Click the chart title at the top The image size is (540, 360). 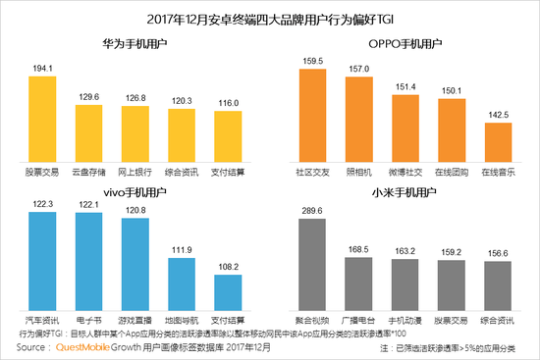click(x=271, y=18)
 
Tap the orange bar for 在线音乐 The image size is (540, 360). click(x=498, y=142)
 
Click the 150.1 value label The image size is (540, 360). click(x=450, y=90)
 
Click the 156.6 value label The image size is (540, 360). click(x=499, y=250)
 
